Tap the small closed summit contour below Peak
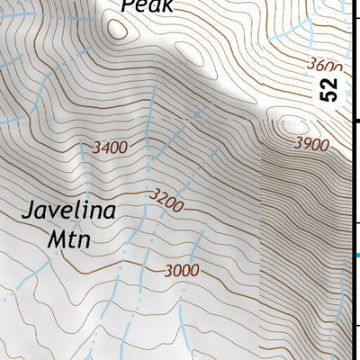coord(117,28)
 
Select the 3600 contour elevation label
coord(325,67)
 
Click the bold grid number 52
coord(330,89)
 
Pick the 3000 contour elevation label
coord(183,270)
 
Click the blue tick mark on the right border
coord(355,256)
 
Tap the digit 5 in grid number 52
coord(330,96)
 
